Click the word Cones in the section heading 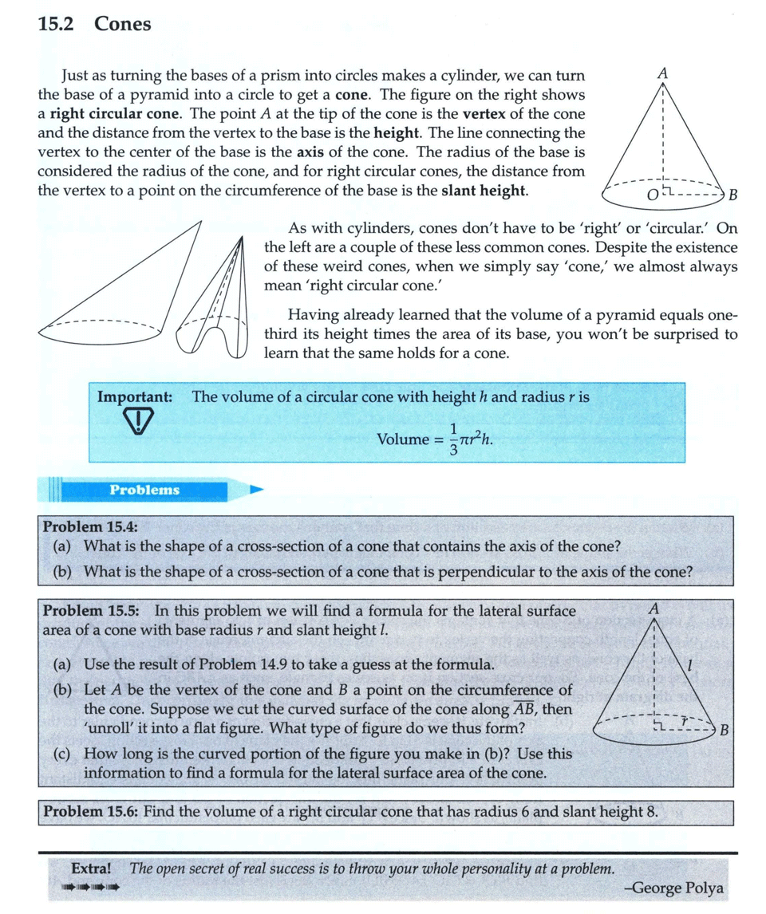click(122, 24)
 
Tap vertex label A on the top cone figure click(661, 73)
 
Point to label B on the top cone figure click(732, 194)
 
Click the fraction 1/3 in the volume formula click(452, 439)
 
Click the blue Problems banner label click(144, 490)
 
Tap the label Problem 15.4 click(90, 527)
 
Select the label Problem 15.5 click(90, 611)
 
